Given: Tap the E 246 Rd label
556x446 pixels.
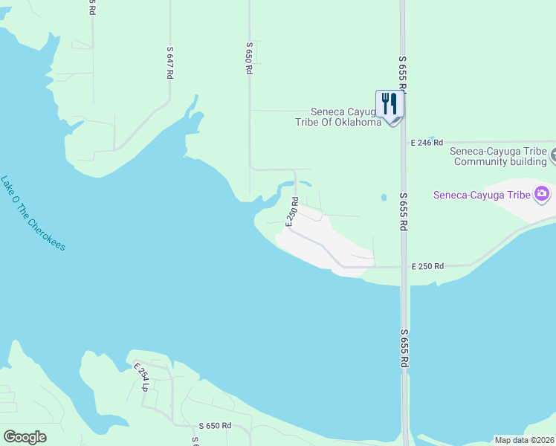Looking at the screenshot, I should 427,142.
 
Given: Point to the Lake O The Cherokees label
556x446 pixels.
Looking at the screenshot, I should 33,213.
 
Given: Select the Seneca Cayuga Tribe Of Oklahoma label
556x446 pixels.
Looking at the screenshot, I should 346,117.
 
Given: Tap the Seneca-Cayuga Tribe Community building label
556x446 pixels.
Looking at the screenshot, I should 499,156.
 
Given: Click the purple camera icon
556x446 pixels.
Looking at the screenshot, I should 542,195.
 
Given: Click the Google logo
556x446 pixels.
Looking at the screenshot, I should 25,436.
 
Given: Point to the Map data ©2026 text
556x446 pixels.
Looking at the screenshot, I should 524,440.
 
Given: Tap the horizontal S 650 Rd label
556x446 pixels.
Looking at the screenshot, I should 216,426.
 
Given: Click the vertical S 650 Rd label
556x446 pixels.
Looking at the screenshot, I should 249,57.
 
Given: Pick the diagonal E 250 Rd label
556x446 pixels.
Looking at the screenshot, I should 293,212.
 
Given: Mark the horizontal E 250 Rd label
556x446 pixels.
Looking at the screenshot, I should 427,266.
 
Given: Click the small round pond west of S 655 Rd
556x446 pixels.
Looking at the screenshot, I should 384,198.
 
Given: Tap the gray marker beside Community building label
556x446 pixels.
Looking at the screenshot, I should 554,156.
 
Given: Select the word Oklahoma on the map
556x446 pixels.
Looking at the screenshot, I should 356,122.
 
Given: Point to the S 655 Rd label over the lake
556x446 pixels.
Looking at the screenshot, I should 404,349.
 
